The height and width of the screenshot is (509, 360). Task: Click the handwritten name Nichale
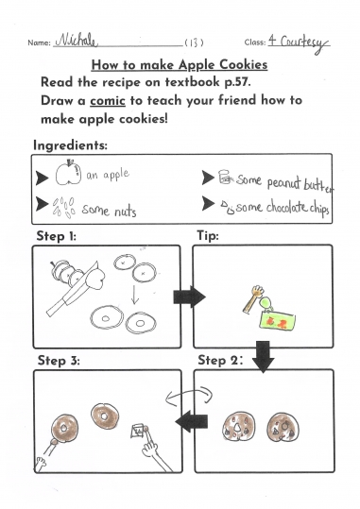click(76, 41)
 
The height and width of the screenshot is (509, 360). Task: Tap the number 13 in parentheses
click(194, 42)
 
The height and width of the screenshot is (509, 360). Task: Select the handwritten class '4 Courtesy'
click(299, 43)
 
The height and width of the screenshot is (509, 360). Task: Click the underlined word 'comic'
click(108, 100)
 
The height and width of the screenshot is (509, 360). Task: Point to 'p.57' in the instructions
click(237, 82)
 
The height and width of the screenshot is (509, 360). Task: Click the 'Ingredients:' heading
click(70, 145)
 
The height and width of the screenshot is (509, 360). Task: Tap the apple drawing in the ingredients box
click(68, 173)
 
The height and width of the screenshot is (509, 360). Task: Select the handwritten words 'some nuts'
click(109, 211)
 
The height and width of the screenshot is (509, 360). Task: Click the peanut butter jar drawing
click(225, 177)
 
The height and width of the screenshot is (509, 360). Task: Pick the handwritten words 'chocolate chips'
click(298, 208)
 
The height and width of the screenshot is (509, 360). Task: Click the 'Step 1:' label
click(56, 236)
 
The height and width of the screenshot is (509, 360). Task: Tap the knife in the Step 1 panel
click(72, 289)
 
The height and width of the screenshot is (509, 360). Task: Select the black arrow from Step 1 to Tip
click(189, 297)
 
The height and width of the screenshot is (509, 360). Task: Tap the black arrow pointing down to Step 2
click(264, 356)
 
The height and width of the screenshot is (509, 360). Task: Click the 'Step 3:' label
click(59, 361)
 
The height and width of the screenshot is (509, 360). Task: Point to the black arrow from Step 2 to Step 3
click(192, 421)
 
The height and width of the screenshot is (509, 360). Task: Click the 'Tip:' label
click(208, 236)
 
